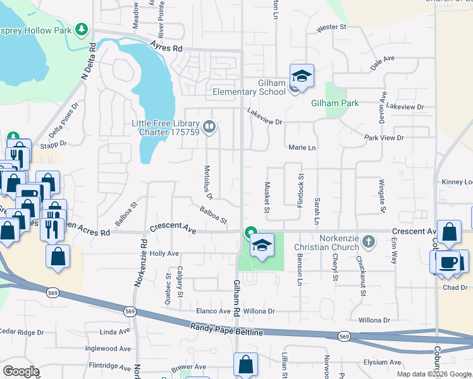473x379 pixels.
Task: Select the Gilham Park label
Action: (335, 103)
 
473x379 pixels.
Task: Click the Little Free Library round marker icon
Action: (209, 128)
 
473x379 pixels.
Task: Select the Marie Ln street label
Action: (302, 147)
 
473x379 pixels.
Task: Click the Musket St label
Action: (267, 196)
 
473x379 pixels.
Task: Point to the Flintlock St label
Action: (300, 191)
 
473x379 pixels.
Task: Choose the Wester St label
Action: (332, 28)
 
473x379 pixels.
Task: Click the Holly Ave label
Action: (164, 253)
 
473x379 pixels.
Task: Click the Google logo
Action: (21, 371)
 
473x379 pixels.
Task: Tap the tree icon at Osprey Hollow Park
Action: (81, 29)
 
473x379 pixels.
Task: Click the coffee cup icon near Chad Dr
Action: (448, 262)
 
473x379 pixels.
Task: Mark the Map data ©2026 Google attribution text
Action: (434, 373)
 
